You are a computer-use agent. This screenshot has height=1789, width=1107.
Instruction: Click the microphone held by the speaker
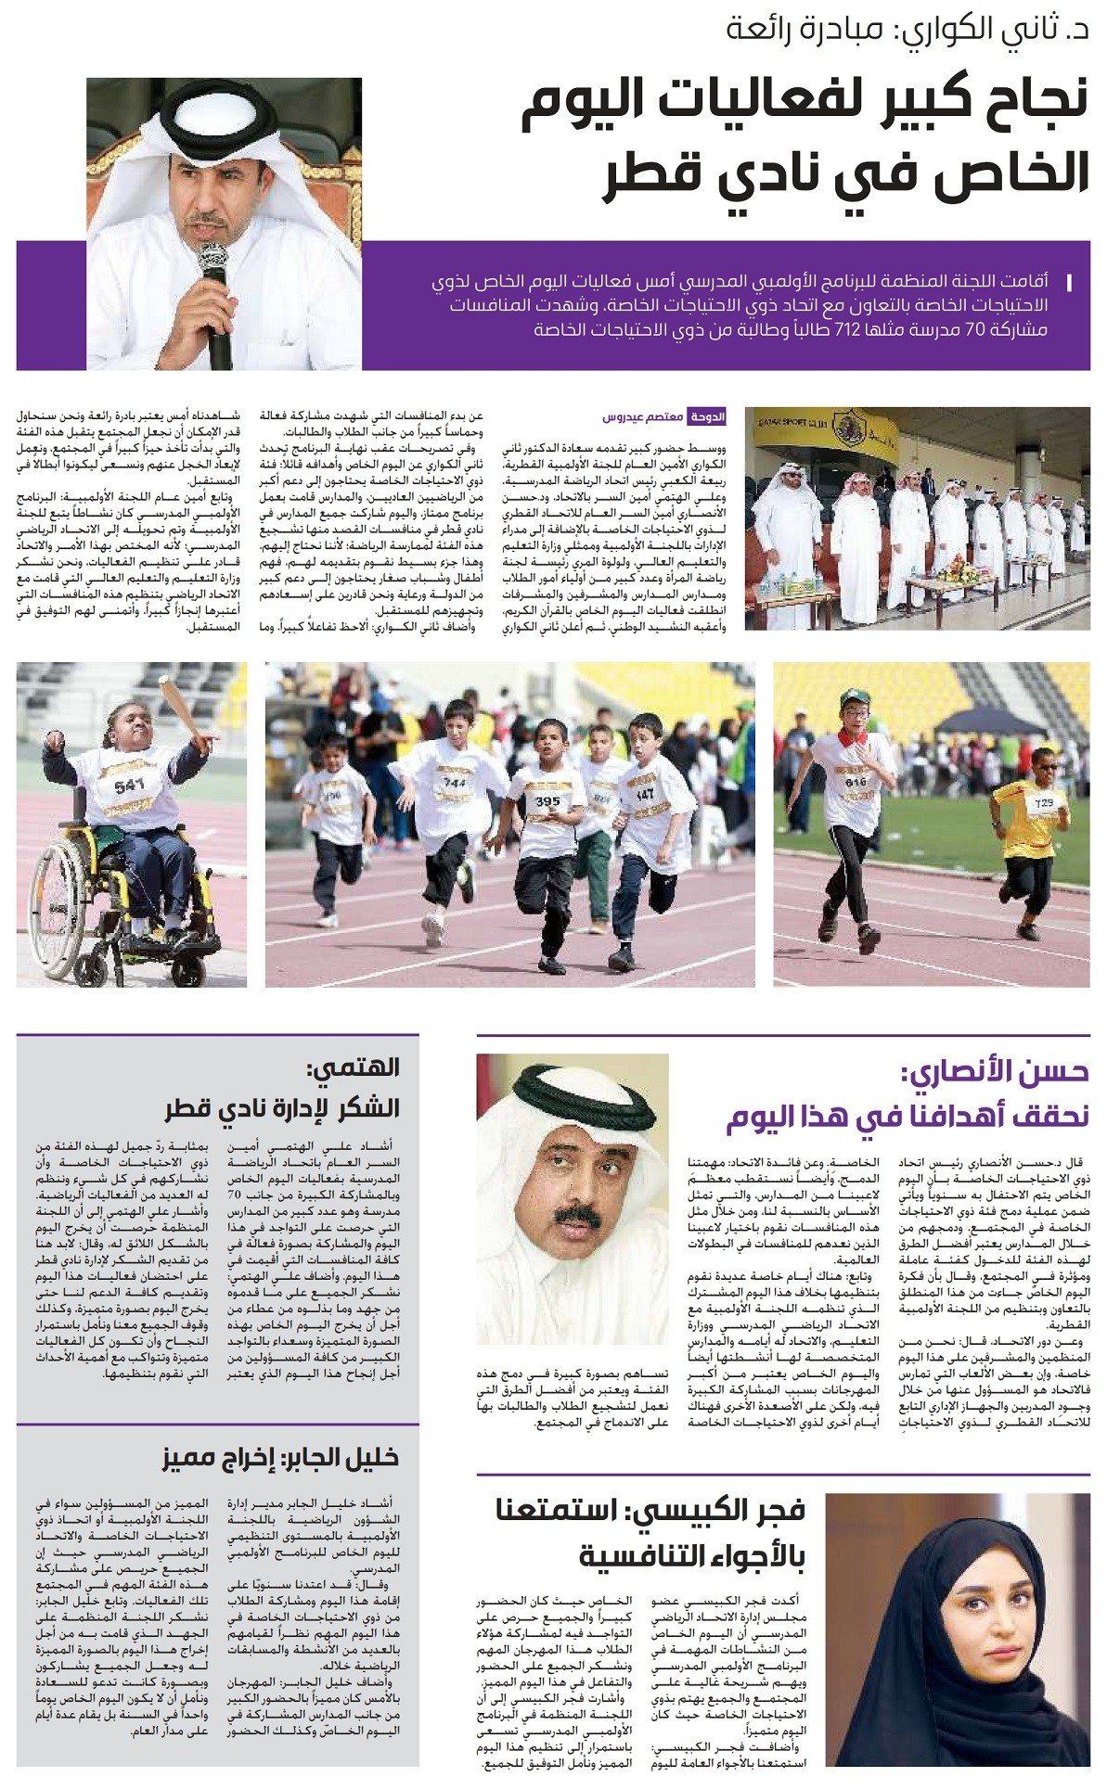click(x=214, y=268)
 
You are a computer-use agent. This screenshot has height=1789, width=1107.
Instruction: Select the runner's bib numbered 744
click(x=455, y=782)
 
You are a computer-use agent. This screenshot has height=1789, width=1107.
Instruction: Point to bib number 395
click(x=547, y=801)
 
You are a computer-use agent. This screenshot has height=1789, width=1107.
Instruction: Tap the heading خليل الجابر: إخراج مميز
click(x=280, y=1457)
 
